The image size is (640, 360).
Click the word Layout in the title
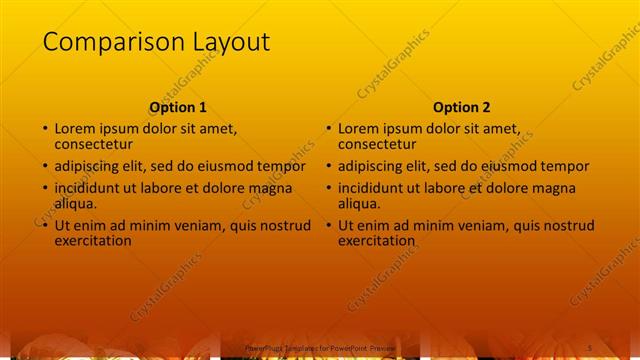click(224, 42)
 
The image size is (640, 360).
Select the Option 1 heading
click(178, 107)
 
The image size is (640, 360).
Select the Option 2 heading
click(462, 107)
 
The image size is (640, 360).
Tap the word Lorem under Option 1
click(77, 128)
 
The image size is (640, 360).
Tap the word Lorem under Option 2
click(361, 128)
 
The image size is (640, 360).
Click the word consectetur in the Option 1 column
click(97, 144)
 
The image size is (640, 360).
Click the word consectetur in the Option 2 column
click(381, 144)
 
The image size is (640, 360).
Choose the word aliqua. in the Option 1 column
click(76, 203)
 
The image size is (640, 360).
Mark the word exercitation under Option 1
click(93, 240)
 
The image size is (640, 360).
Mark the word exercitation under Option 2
click(377, 240)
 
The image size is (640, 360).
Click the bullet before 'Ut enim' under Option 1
click(44, 226)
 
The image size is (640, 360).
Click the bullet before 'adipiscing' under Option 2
click(328, 167)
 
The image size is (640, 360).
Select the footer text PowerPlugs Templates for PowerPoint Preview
click(320, 347)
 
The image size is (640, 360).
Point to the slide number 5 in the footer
click(587, 346)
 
